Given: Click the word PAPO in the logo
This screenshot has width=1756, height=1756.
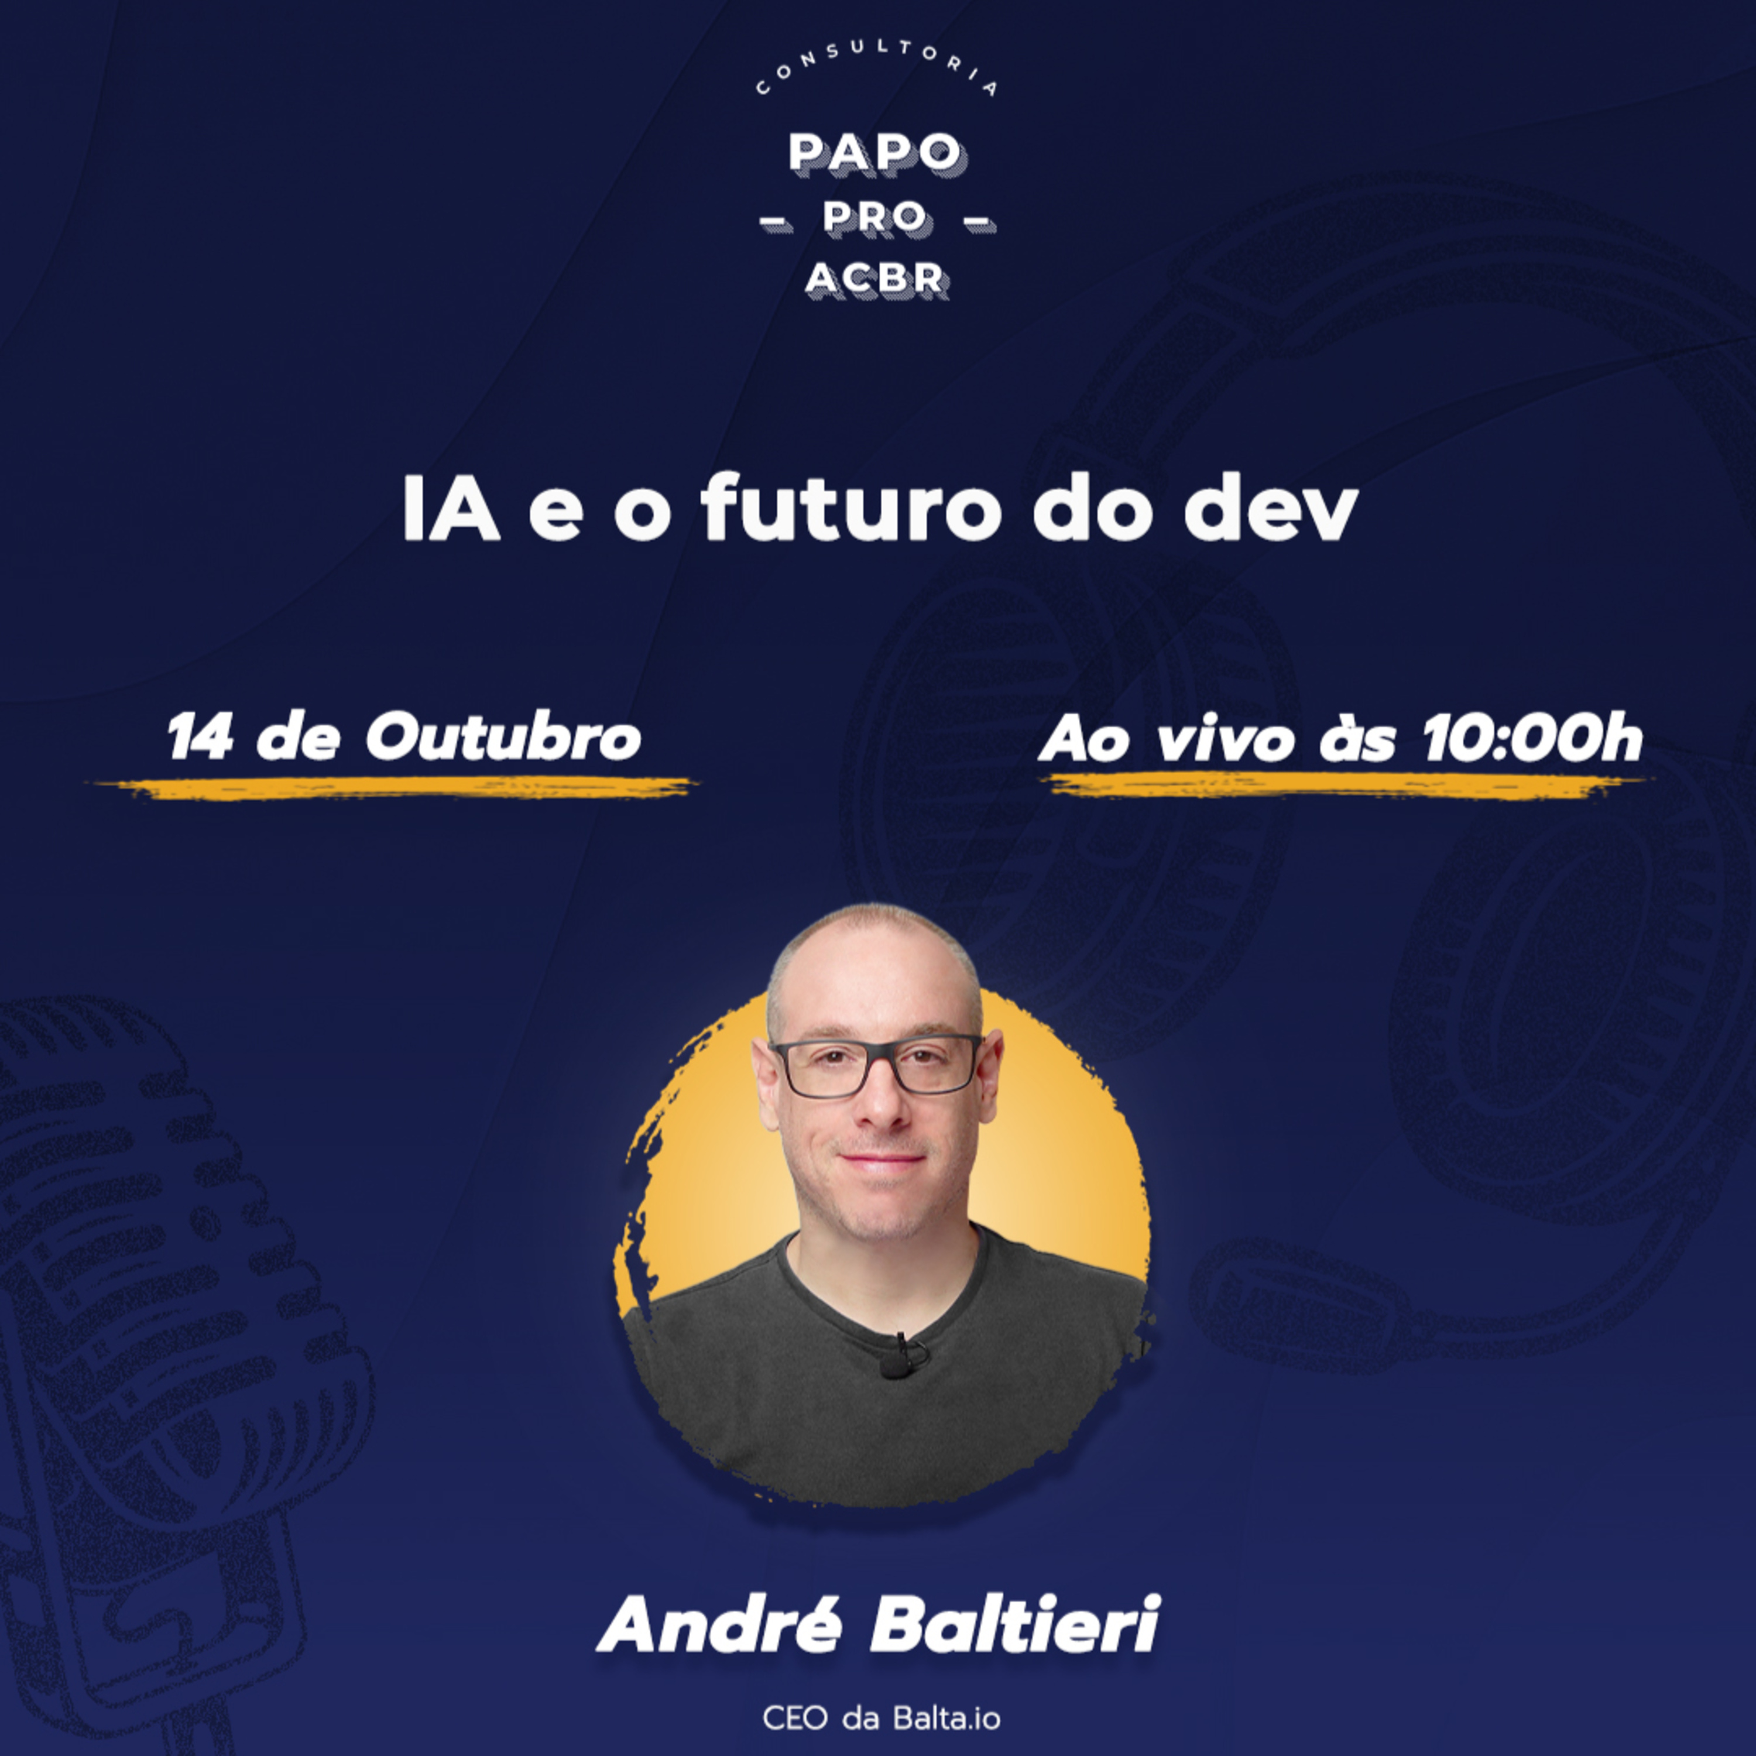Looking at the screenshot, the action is tap(875, 153).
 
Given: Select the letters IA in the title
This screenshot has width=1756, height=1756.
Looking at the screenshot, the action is tap(451, 512).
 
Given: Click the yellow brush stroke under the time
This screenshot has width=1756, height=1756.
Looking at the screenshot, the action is tap(1349, 786).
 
